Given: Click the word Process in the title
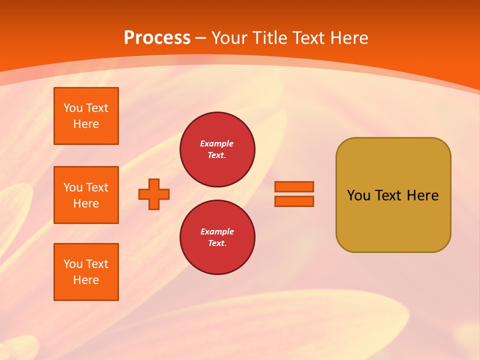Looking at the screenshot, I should point(157,38).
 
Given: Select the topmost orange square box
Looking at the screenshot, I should point(86,116).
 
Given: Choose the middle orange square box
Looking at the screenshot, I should point(86,195).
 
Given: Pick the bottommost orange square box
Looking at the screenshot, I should point(86,272).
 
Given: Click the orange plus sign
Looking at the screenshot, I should point(154,194).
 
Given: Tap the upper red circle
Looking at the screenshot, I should point(217,149).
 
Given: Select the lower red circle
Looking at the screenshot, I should point(217,237).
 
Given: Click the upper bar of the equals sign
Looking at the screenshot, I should point(294,186).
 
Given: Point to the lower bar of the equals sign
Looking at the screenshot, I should point(294,201).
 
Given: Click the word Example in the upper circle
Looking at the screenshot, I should point(217,143).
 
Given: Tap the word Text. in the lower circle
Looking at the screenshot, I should point(217,243).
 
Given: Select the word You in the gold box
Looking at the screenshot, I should point(358,195).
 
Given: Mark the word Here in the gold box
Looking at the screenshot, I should point(422,195).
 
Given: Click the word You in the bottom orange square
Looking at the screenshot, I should point(73,264).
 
